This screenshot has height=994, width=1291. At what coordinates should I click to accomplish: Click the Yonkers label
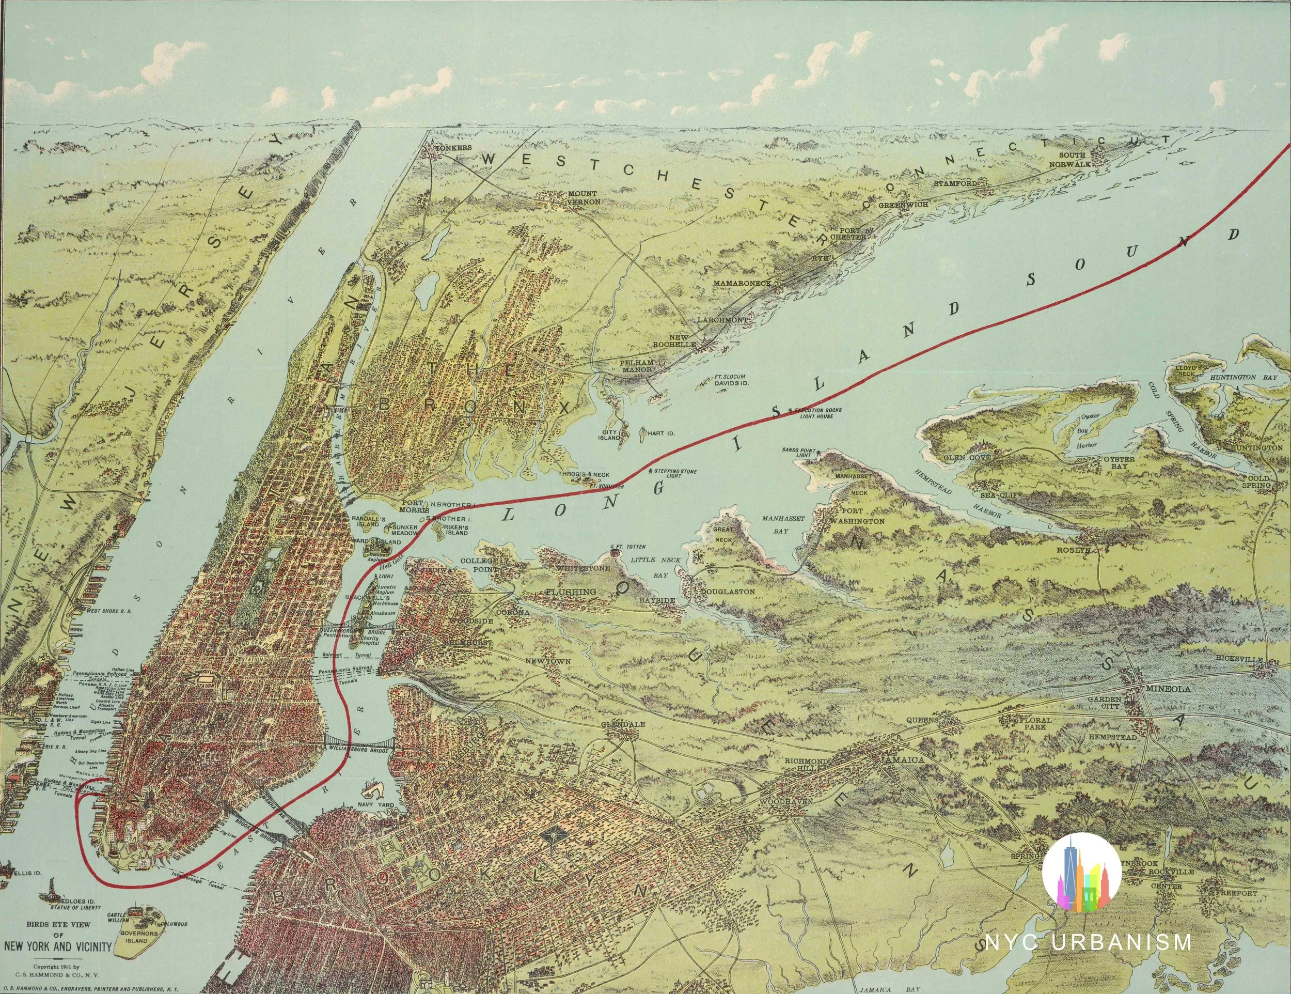pos(453,147)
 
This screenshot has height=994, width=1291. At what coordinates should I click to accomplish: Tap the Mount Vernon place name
pos(584,197)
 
